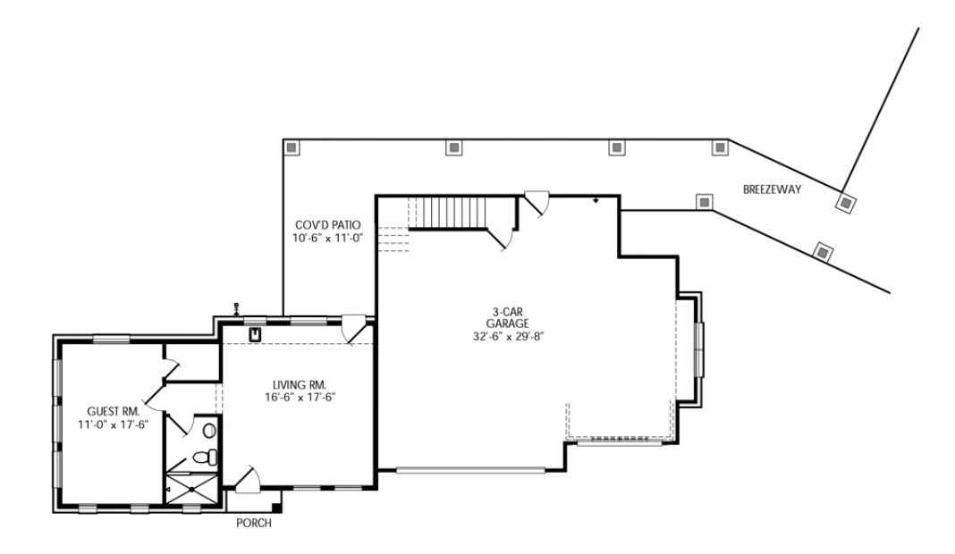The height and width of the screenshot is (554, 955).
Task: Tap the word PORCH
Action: tap(253, 524)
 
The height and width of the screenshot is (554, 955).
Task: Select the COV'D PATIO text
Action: tap(328, 225)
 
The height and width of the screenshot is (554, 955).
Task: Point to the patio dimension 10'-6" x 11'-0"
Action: tap(328, 239)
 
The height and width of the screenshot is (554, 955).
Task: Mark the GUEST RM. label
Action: tap(112, 411)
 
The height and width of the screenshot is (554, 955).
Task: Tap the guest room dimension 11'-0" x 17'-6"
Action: tap(112, 424)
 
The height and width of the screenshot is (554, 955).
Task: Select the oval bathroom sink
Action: tap(209, 431)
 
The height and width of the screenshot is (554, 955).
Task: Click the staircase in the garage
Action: tap(452, 214)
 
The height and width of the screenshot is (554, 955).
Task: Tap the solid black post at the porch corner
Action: tap(276, 508)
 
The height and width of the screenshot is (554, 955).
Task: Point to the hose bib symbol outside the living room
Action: tap(236, 307)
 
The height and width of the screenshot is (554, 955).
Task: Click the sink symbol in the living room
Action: tap(254, 335)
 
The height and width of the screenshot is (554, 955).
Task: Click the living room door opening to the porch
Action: tap(249, 478)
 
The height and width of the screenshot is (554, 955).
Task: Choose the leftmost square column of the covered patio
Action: tap(291, 147)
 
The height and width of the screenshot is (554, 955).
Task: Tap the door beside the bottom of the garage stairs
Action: tap(501, 237)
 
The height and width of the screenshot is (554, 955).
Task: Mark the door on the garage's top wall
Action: tap(537, 203)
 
